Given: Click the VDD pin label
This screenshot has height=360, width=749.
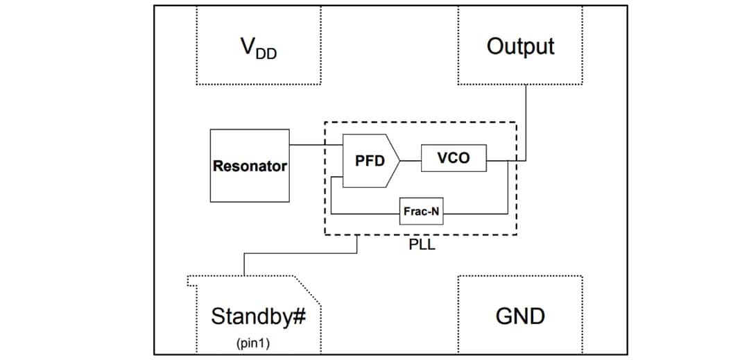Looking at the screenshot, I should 257,48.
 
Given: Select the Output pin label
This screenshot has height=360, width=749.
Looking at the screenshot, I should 520,46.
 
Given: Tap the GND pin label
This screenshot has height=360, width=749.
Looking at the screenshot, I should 520,316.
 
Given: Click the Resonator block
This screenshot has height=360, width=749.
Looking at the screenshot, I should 250,166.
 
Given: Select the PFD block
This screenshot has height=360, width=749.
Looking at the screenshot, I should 370,161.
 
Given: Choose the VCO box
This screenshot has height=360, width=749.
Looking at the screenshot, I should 453,158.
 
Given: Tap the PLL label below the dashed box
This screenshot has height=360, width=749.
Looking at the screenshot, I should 422,244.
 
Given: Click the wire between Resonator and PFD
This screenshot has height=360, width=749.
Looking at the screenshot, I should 316,145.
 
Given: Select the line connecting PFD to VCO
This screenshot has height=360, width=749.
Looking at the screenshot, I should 410,159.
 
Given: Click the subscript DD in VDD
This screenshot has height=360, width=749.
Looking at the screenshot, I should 266,53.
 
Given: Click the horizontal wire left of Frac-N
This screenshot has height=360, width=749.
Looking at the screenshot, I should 365,214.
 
